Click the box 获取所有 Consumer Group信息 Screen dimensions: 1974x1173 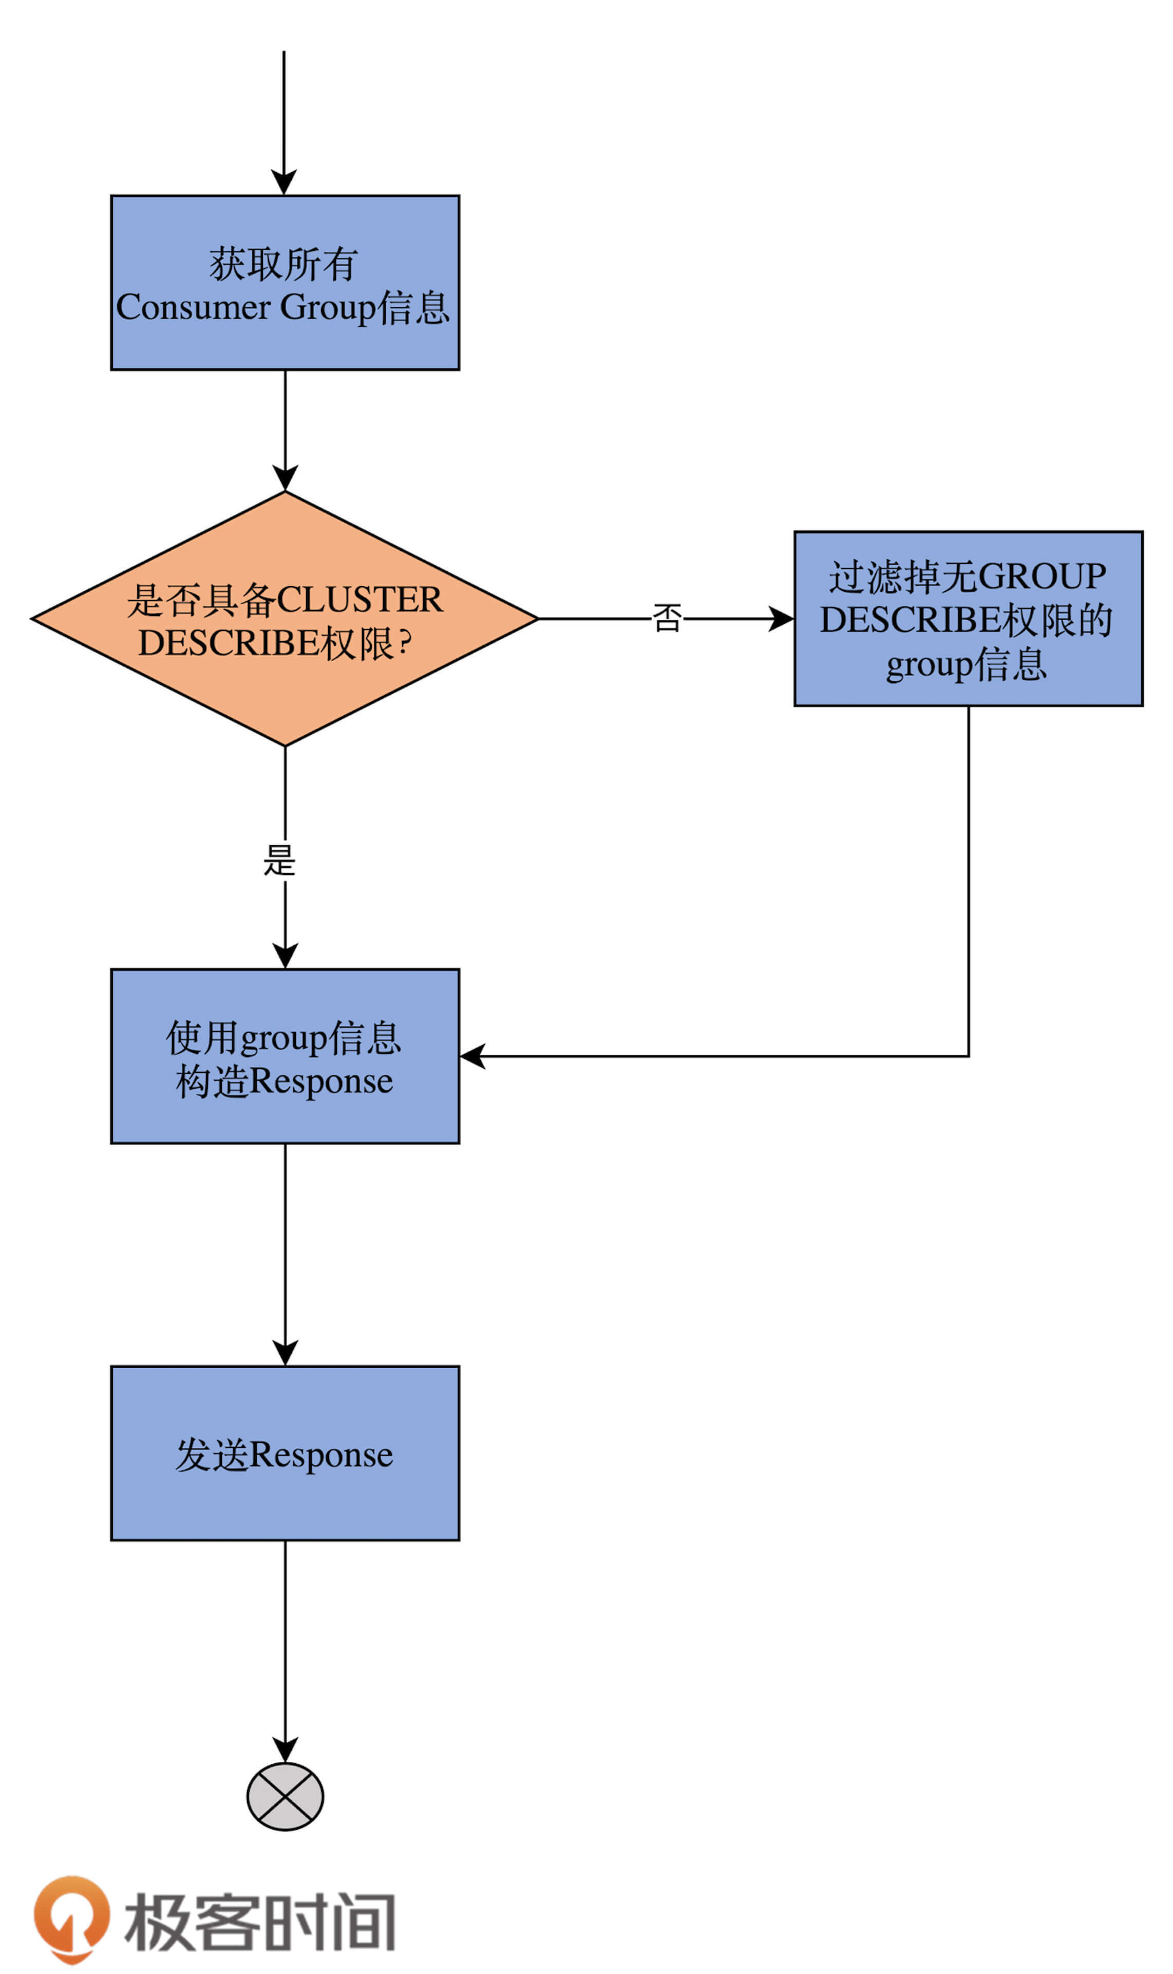285,282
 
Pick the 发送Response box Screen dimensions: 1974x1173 285,1453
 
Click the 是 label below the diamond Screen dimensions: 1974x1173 279,860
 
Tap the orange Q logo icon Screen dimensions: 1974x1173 71,1916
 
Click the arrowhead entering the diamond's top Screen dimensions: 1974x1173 285,478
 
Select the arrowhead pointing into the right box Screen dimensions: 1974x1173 781,618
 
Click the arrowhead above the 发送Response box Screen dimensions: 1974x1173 285,1353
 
